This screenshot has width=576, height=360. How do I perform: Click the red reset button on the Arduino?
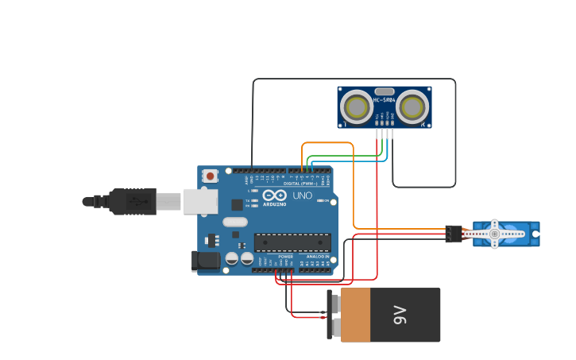coord(210,176)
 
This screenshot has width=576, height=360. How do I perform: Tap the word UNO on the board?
coord(303,195)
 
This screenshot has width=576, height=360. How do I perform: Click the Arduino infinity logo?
coord(275,195)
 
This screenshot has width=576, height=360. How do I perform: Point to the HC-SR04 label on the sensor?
coord(385,100)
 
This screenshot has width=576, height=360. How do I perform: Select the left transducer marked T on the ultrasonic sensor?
coord(355,106)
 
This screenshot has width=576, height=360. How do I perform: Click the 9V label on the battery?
coord(400,315)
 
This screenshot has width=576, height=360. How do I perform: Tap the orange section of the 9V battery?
coord(355,315)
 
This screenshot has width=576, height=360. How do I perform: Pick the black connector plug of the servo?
coord(453,234)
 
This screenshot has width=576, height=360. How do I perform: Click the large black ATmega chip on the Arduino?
coord(292,242)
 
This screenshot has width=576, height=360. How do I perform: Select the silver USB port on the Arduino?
coord(200,201)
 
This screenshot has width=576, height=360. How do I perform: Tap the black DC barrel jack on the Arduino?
coord(207,261)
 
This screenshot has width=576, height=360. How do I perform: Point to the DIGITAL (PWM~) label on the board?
coord(300,184)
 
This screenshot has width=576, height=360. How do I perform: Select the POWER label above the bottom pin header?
coord(285,257)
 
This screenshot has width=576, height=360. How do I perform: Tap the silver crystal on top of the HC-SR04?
coord(385,91)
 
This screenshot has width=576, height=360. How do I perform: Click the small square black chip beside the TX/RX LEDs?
coord(237,204)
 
